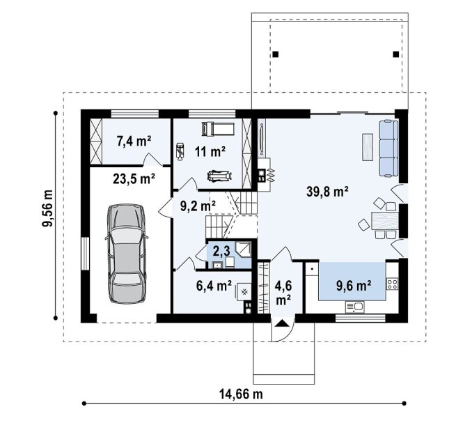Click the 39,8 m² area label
pos(327,192)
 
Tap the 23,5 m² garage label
pos(134,178)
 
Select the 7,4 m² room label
pos(134,141)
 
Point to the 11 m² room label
pos(210,151)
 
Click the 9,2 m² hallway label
pos(198,206)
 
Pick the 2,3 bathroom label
pos(221,251)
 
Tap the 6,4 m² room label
pos(214,286)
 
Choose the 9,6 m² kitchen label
pos(354,286)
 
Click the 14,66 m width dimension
pos(241,394)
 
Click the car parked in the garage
pos(127,254)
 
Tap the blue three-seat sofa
pos(388,148)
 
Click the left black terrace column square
pos(276,54)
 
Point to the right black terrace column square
pos(396,54)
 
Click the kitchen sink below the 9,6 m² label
pos(355,307)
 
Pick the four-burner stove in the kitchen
pos(392,284)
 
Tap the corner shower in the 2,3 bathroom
pos(243,249)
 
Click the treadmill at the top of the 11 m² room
pos(218,129)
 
